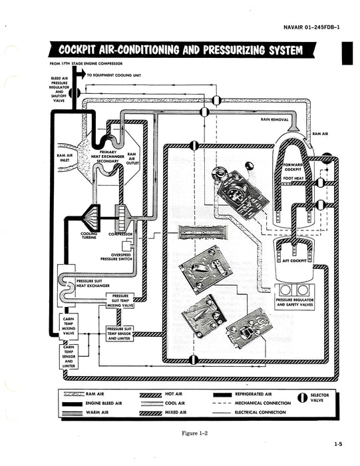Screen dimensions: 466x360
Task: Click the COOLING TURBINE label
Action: coord(89,236)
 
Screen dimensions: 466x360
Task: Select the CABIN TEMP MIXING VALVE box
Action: coord(69,324)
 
